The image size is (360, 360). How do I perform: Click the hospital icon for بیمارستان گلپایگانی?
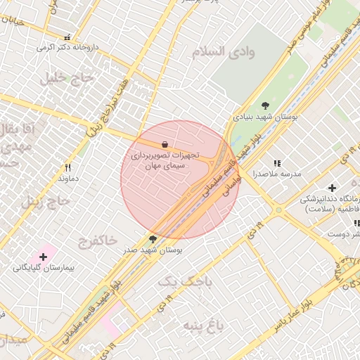tap(44, 257)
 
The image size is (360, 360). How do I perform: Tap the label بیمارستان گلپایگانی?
tap(41, 269)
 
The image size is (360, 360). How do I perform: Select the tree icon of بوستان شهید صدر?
tap(153, 240)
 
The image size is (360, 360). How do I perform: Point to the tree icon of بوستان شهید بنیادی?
tap(265, 105)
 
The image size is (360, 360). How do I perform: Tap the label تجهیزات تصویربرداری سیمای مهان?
tap(165, 160)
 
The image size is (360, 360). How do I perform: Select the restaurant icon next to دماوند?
tap(68, 168)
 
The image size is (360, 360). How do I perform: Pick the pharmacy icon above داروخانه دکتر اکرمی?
tap(67, 37)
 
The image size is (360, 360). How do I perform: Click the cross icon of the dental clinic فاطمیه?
tap(332, 188)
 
